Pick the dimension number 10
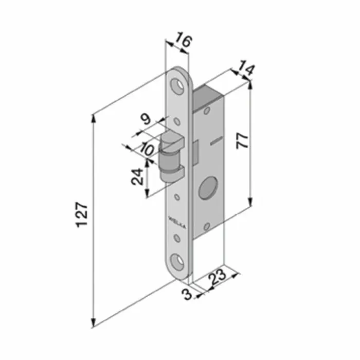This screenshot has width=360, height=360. pyautogui.click(x=146, y=150)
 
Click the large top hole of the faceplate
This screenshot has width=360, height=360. pyautogui.click(x=179, y=85)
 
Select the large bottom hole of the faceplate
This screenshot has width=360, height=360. pyautogui.click(x=178, y=261)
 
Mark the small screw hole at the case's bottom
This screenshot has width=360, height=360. pyautogui.click(x=207, y=224)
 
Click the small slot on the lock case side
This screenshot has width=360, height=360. pyautogui.click(x=217, y=140)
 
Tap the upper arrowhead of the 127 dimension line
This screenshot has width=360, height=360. pyautogui.click(x=93, y=118)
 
